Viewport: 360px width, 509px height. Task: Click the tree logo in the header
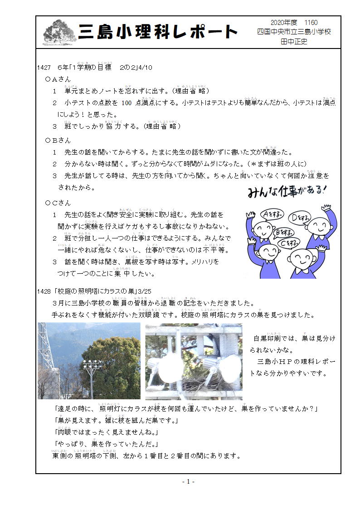click(60, 32)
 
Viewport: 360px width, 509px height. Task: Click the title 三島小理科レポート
click(158, 32)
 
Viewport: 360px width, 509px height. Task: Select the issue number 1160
click(311, 23)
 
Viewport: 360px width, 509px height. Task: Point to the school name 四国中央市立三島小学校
click(294, 32)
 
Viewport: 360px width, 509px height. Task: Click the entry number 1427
click(44, 68)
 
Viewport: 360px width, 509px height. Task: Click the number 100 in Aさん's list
click(126, 103)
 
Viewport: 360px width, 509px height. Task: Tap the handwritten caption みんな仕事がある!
click(287, 191)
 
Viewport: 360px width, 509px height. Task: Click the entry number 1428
click(44, 291)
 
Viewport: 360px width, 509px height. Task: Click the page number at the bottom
click(188, 481)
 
